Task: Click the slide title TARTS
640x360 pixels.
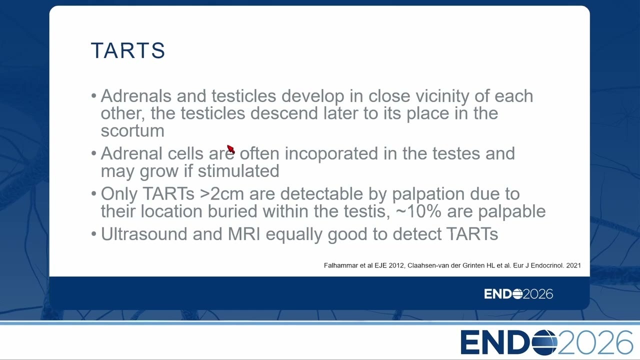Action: point(128,50)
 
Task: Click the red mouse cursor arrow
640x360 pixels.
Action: point(231,149)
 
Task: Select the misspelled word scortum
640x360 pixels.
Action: point(132,131)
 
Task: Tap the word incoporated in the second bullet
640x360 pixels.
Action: point(331,153)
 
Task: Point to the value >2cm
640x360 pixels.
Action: point(222,193)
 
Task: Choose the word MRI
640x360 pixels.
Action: point(244,234)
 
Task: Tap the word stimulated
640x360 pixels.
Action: point(238,171)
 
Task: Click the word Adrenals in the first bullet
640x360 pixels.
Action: point(136,95)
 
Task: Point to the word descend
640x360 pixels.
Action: point(284,113)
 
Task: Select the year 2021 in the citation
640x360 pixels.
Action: point(573,265)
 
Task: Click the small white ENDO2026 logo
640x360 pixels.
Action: point(518,294)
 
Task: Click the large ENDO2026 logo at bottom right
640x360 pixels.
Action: point(546,342)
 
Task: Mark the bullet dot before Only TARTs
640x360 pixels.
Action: point(93,194)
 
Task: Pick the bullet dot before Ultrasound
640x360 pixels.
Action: point(93,234)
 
